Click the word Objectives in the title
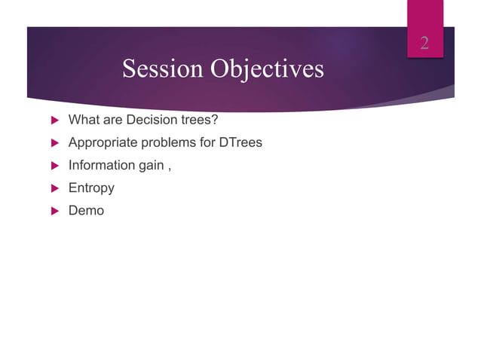pyautogui.click(x=267, y=69)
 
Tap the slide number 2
pyautogui.click(x=424, y=42)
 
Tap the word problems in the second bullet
pyautogui.click(x=166, y=142)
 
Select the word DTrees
pyautogui.click(x=240, y=142)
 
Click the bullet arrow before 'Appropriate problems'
pyautogui.click(x=54, y=143)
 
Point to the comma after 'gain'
pyautogui.click(x=169, y=168)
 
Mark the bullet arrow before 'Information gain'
pyautogui.click(x=54, y=166)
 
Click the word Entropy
pyautogui.click(x=91, y=188)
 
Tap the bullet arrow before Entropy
pyautogui.click(x=54, y=188)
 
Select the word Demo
pyautogui.click(x=86, y=210)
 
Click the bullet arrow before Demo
pyautogui.click(x=54, y=211)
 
